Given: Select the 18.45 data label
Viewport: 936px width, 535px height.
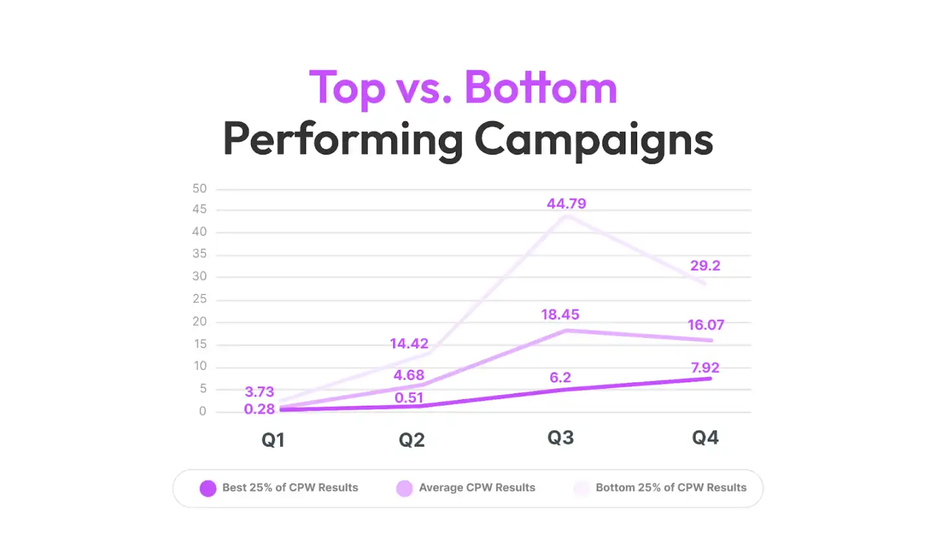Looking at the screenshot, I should click(560, 315).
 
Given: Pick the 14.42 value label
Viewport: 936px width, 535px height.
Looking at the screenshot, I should click(409, 344).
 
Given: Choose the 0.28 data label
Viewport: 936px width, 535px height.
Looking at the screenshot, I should click(259, 409).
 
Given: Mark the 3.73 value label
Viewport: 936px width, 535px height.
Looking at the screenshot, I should click(259, 392).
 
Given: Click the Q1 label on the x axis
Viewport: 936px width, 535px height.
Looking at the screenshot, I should click(273, 440).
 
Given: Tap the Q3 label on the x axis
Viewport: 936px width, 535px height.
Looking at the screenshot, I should click(560, 437).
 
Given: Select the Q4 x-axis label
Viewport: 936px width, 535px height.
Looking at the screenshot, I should click(705, 437).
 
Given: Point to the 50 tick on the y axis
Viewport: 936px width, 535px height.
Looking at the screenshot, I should click(199, 189).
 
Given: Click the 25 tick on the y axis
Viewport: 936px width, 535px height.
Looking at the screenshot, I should click(199, 299).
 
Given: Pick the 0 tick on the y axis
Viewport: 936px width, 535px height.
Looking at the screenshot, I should click(203, 411).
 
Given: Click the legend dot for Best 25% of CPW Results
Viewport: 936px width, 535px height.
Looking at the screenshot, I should click(208, 488).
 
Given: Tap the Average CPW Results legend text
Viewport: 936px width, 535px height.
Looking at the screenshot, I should click(477, 488).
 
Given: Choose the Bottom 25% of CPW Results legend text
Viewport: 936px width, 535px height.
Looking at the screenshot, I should click(671, 488).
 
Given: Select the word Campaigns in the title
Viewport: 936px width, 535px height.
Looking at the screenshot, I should click(593, 138).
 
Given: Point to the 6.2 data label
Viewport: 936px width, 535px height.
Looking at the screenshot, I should click(560, 378).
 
